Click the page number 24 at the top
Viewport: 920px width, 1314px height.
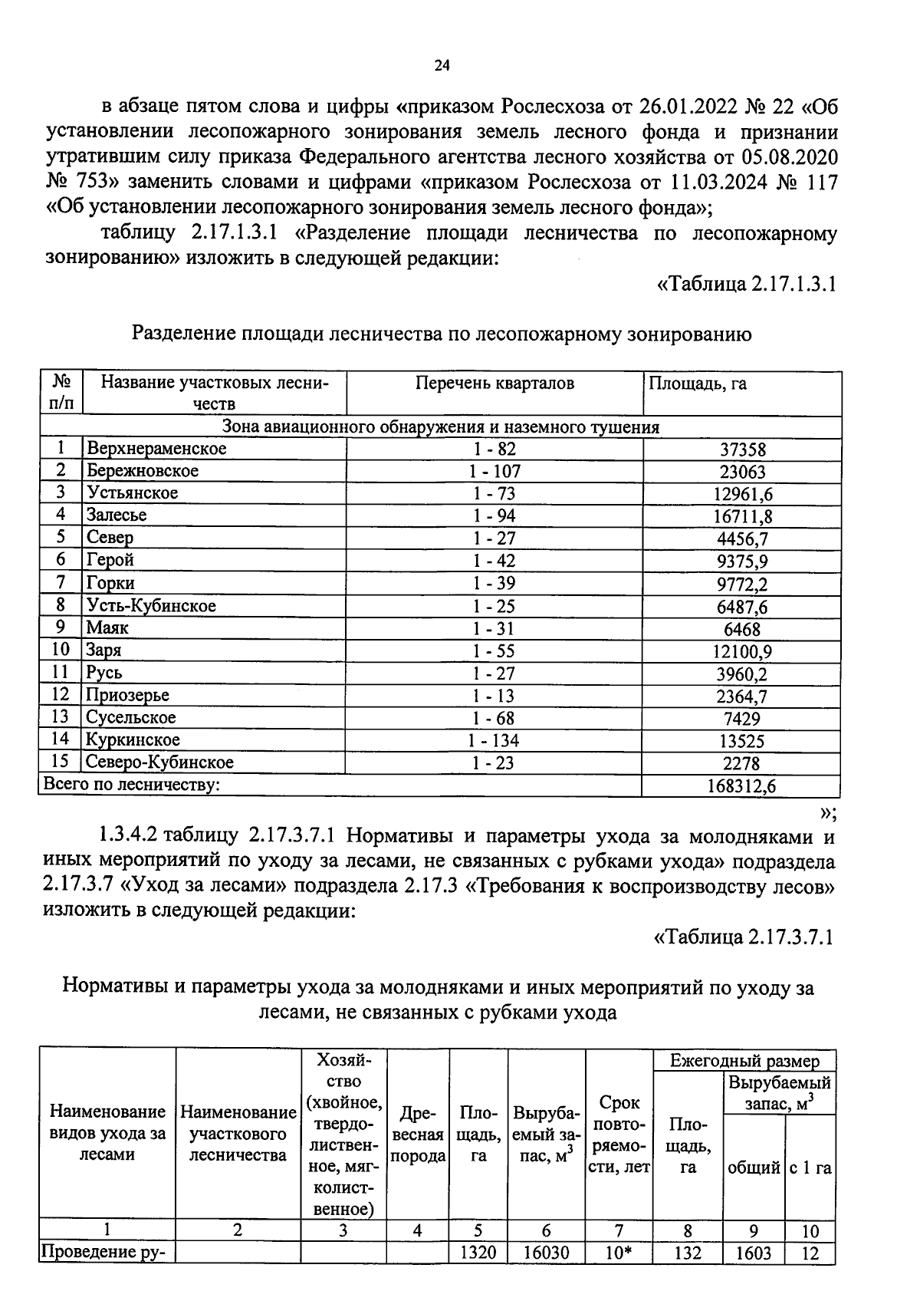pos(442,66)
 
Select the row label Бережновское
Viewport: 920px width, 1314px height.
pos(143,471)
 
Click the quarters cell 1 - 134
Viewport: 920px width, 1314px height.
pos(494,740)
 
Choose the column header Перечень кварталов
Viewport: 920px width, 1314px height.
pos(495,384)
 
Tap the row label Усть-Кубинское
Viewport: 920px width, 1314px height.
pos(151,606)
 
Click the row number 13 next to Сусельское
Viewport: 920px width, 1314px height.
pos(60,717)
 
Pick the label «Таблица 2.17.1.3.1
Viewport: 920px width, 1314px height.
pos(746,284)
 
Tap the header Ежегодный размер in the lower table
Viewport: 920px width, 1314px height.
pos(744,1061)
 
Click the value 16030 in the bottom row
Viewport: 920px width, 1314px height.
pos(546,1253)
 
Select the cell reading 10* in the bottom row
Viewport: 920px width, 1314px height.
pos(618,1253)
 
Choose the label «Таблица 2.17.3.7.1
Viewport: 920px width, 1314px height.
pos(743,937)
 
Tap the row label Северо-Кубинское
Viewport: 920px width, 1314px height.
pos(159,762)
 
